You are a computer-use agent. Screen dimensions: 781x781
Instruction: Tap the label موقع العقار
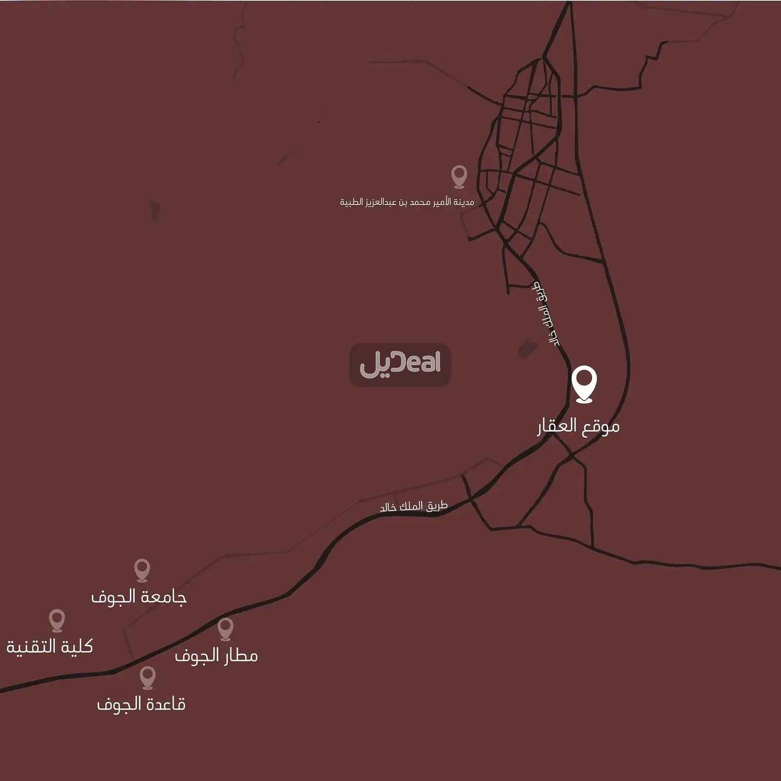point(578,426)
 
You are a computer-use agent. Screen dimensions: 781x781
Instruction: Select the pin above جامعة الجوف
point(142,569)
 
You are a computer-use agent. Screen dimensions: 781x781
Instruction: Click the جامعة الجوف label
point(139,597)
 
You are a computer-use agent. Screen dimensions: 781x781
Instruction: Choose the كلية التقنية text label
point(49,647)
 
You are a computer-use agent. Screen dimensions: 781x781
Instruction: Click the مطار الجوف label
point(216,656)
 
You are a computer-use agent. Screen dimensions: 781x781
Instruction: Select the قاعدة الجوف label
point(141,704)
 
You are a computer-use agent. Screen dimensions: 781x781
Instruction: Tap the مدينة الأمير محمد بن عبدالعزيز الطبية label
point(407,202)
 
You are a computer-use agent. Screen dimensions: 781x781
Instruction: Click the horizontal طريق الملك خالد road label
point(413,506)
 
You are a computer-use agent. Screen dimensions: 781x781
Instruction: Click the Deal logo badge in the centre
point(400,365)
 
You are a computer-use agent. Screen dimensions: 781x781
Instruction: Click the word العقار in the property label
point(557,426)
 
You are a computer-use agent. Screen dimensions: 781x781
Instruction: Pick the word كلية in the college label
point(76,647)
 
